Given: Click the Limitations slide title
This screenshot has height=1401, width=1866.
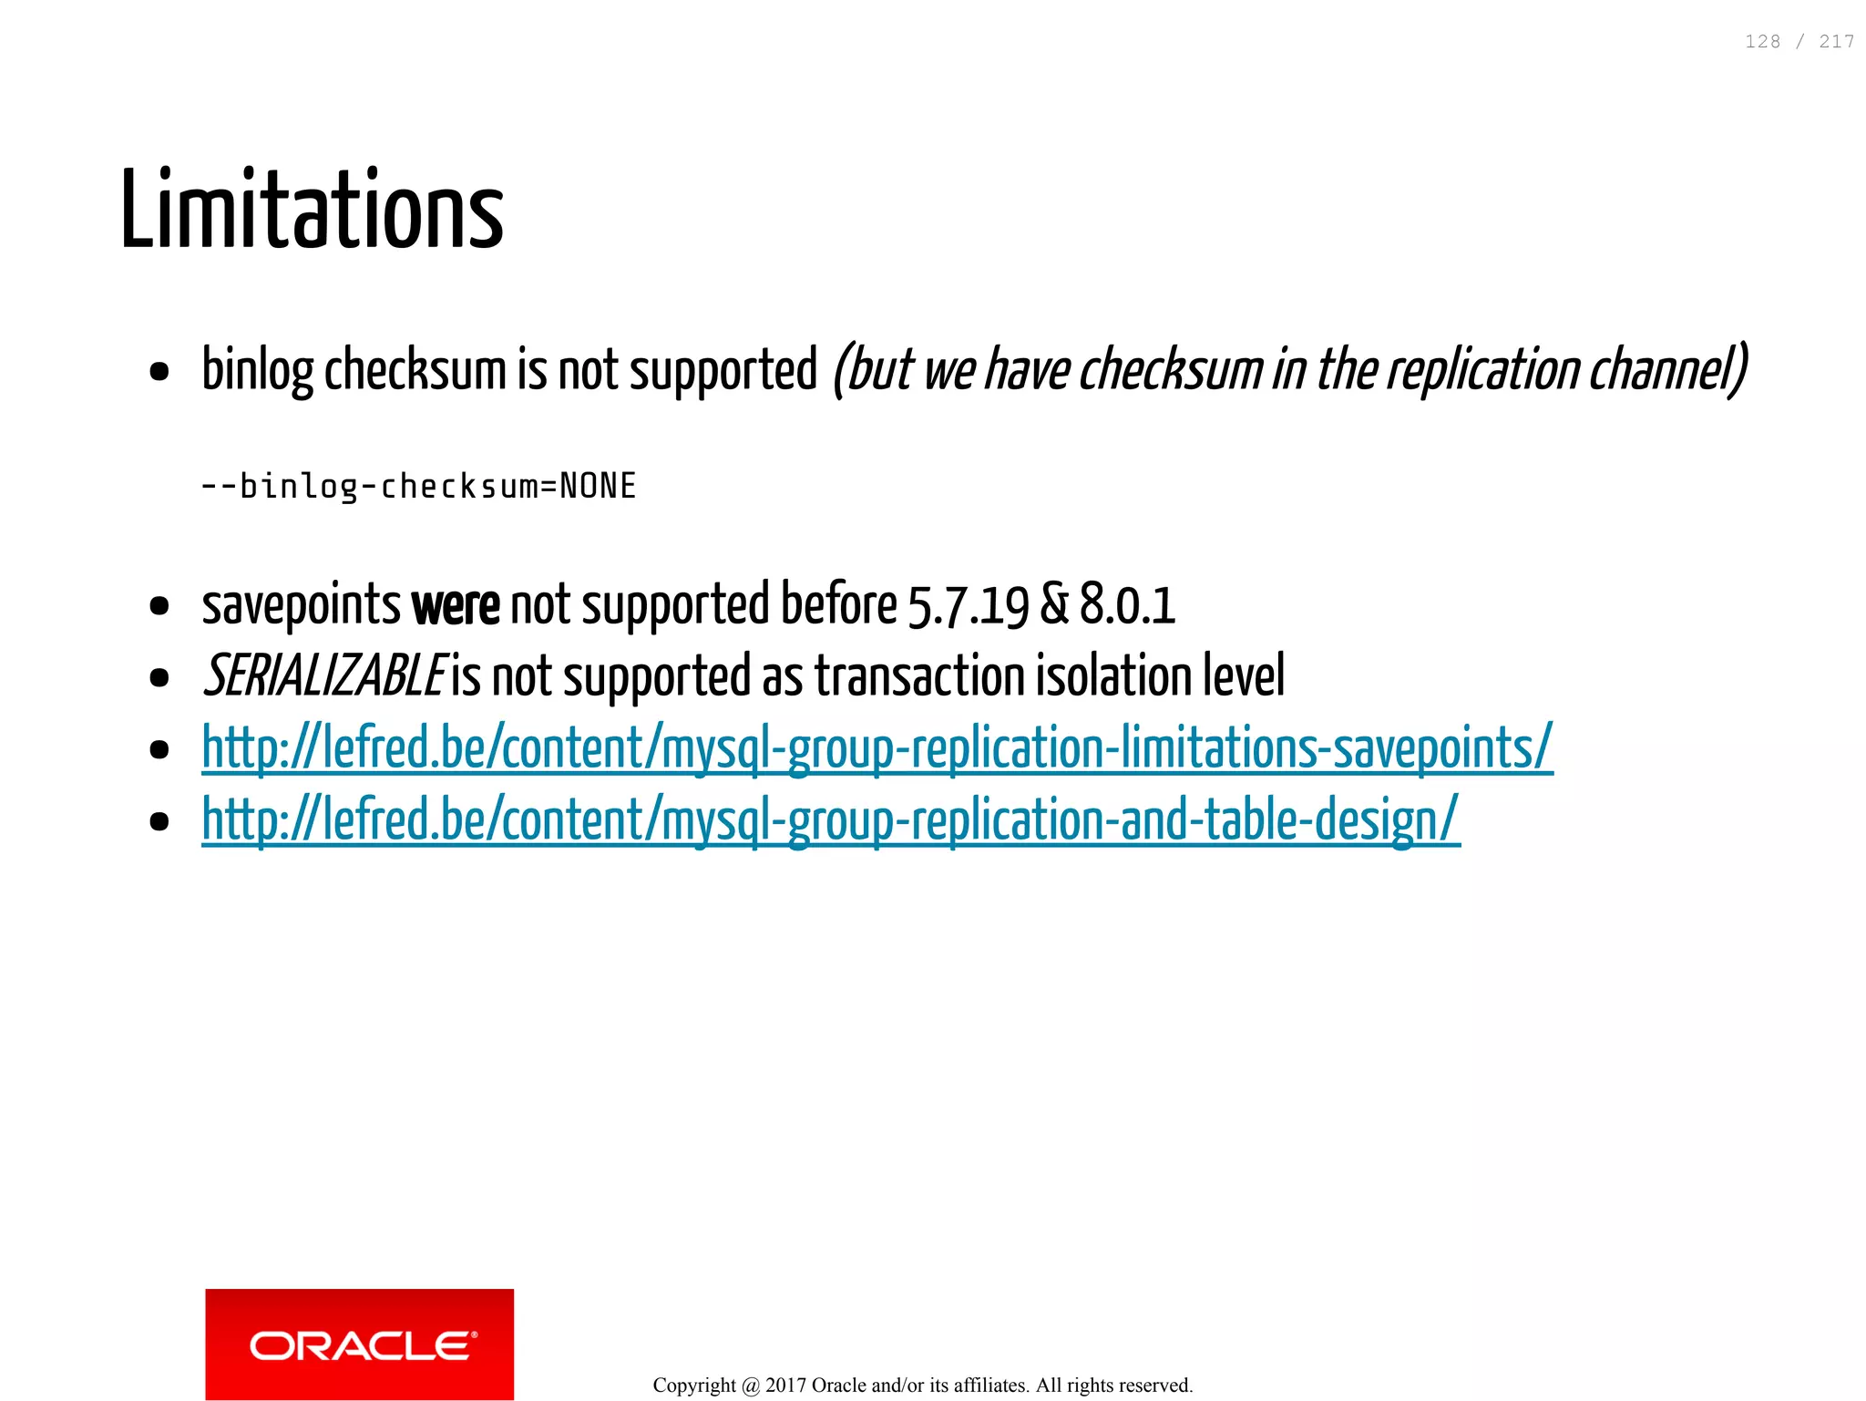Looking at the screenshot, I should [312, 210].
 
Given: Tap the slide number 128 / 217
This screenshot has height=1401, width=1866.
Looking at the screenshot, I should [1799, 42].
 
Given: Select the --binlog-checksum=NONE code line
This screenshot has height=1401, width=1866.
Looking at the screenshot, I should [418, 486].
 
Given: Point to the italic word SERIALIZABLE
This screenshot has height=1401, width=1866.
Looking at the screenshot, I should [324, 676].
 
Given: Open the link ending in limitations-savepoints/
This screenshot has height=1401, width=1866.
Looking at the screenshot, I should [877, 748].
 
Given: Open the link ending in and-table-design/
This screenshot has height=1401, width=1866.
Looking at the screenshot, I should [830, 819].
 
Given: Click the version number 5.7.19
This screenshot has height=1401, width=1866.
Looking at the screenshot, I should [968, 605].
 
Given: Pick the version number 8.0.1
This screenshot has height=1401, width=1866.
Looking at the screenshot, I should [1127, 605].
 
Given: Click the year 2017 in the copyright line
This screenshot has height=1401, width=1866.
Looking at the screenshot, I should [785, 1386].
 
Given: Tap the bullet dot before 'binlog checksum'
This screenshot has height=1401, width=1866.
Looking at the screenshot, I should [159, 372].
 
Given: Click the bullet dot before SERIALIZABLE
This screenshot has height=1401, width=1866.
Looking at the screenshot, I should [159, 677].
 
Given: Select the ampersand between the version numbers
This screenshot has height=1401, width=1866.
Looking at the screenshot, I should [1054, 605].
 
